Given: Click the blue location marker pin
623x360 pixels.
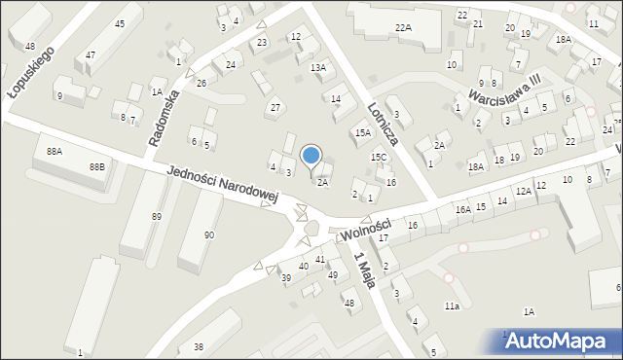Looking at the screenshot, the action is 311,156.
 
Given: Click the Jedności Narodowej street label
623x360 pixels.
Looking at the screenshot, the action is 222,183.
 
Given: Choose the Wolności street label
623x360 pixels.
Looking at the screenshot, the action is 366,229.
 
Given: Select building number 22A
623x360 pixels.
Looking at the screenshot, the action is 403,28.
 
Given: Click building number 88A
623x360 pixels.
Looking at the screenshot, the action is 55,151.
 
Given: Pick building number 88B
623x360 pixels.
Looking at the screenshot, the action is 96,167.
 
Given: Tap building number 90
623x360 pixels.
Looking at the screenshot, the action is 208,235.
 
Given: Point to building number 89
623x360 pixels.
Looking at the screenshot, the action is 156,216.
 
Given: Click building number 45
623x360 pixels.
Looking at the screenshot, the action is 120,23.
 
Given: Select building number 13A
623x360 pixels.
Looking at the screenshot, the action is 318,67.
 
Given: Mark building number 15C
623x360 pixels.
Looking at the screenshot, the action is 379,157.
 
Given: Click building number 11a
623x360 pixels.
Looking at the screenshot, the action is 452,306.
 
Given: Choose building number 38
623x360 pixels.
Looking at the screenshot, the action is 199,346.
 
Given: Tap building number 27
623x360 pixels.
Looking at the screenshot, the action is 275,106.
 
